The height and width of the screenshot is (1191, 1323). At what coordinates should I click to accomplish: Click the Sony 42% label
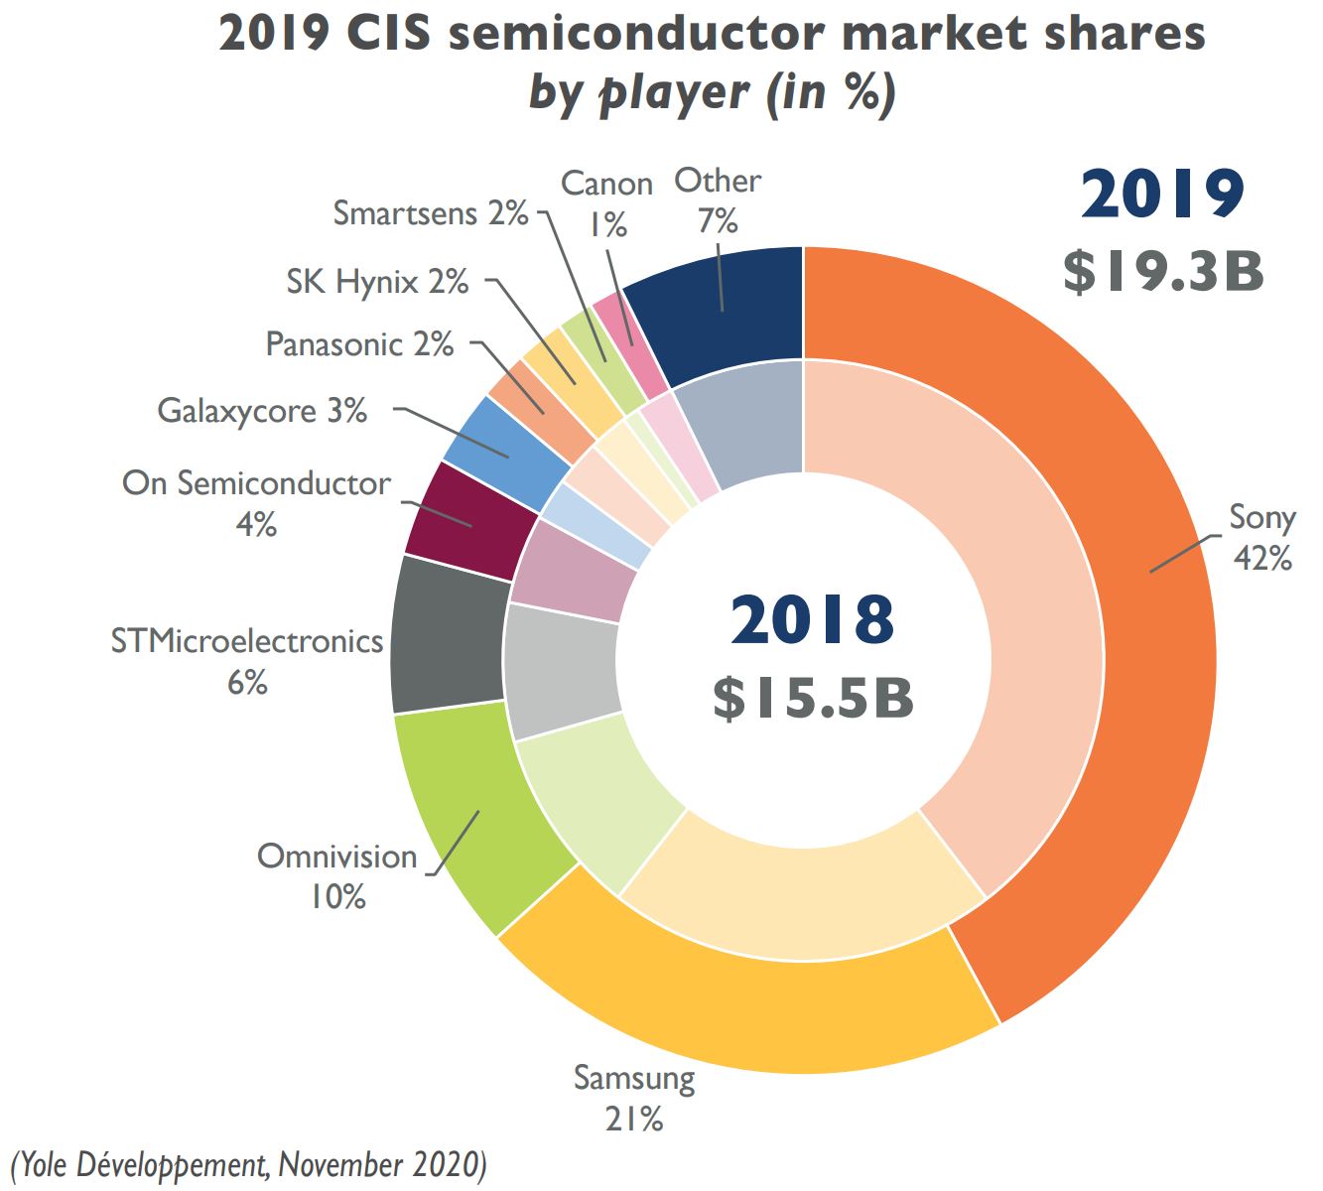(1261, 537)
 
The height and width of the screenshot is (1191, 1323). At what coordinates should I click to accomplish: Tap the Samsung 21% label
(634, 1098)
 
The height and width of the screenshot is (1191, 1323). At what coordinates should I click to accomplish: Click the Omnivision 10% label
(337, 875)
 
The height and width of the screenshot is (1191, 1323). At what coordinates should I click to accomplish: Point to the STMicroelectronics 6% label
(247, 661)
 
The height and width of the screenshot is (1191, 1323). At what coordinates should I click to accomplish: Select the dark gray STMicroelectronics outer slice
(447, 635)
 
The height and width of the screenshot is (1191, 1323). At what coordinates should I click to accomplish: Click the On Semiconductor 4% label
(256, 502)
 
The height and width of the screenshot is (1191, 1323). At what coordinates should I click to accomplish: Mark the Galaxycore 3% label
(262, 410)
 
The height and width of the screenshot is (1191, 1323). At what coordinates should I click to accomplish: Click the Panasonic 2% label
(359, 344)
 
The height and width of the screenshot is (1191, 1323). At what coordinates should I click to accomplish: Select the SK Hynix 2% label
(377, 282)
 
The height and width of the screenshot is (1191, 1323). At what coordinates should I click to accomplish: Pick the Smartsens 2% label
(430, 213)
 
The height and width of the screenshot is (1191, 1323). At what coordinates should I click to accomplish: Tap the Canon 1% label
(606, 203)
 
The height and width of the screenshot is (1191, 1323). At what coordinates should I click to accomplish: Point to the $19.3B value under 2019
(1163, 271)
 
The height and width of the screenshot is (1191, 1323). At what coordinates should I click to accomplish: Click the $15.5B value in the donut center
(813, 698)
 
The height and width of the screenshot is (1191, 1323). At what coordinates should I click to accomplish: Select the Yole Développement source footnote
(249, 1162)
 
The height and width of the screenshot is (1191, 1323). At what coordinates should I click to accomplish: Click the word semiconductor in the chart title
(636, 35)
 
